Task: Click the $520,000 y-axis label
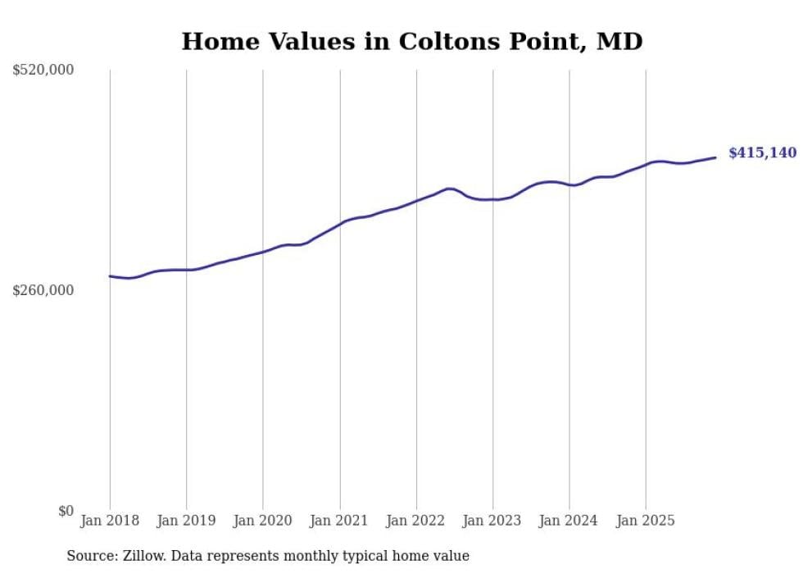click(x=43, y=70)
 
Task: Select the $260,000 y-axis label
click(x=43, y=290)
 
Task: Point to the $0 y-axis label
click(x=66, y=511)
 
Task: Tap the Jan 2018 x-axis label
click(x=110, y=521)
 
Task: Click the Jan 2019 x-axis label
click(x=186, y=521)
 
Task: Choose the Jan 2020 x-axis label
click(x=263, y=521)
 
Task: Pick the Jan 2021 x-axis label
click(x=339, y=521)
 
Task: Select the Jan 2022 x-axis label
click(x=416, y=521)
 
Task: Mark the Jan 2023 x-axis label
click(x=492, y=521)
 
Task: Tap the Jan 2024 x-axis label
click(x=569, y=521)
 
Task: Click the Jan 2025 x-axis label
click(x=646, y=521)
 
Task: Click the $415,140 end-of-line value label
click(x=762, y=152)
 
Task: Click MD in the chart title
click(x=619, y=41)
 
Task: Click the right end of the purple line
click(x=715, y=157)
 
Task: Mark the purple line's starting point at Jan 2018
click(x=110, y=276)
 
